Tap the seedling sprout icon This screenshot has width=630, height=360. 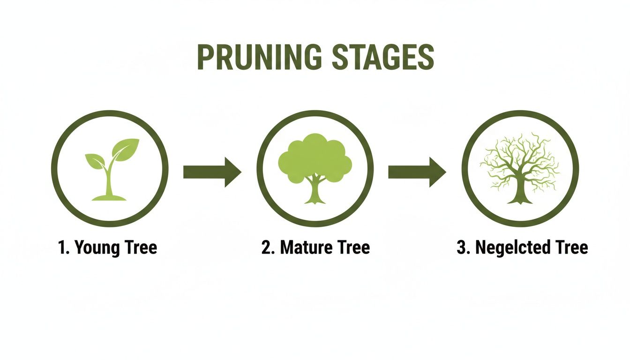point(110,169)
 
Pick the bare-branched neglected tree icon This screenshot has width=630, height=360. point(520,169)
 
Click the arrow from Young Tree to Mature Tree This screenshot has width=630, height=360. point(212,172)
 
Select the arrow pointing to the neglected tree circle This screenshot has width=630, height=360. point(417,172)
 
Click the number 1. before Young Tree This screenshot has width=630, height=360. point(64,247)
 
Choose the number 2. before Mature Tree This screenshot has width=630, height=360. point(268,247)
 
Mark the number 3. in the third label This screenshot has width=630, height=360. point(464,247)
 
